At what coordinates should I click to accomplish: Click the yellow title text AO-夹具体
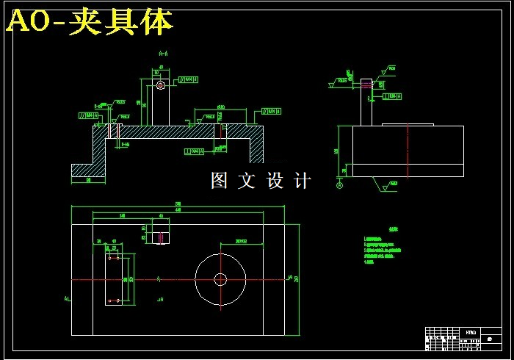point(90,23)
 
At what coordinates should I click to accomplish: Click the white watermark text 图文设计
point(261,181)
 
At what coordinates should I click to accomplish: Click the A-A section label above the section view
point(163,54)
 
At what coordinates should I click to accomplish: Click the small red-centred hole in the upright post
point(161,85)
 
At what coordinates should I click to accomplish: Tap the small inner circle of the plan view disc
point(220,279)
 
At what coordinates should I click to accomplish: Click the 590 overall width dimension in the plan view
point(178,204)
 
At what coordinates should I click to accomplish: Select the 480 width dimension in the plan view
point(178,210)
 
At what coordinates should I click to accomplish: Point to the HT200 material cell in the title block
point(471,332)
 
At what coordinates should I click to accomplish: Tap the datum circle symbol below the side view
point(339,185)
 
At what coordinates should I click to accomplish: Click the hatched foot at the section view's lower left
point(89,170)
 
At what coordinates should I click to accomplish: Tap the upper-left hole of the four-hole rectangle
point(109,259)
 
